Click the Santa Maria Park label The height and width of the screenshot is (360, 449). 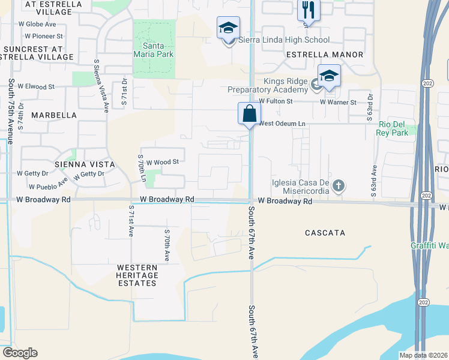[x=154, y=50]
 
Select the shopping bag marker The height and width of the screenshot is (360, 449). [x=249, y=113]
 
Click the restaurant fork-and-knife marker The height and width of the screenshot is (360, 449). [x=309, y=10]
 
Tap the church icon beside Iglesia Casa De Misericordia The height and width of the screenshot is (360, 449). [x=339, y=185]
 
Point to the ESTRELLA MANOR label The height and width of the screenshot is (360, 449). [x=325, y=55]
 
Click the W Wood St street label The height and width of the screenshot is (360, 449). [x=163, y=162]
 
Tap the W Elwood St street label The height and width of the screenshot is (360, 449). [x=36, y=87]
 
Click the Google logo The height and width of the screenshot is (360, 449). [x=20, y=353]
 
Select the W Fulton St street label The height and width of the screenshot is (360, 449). [x=276, y=102]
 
